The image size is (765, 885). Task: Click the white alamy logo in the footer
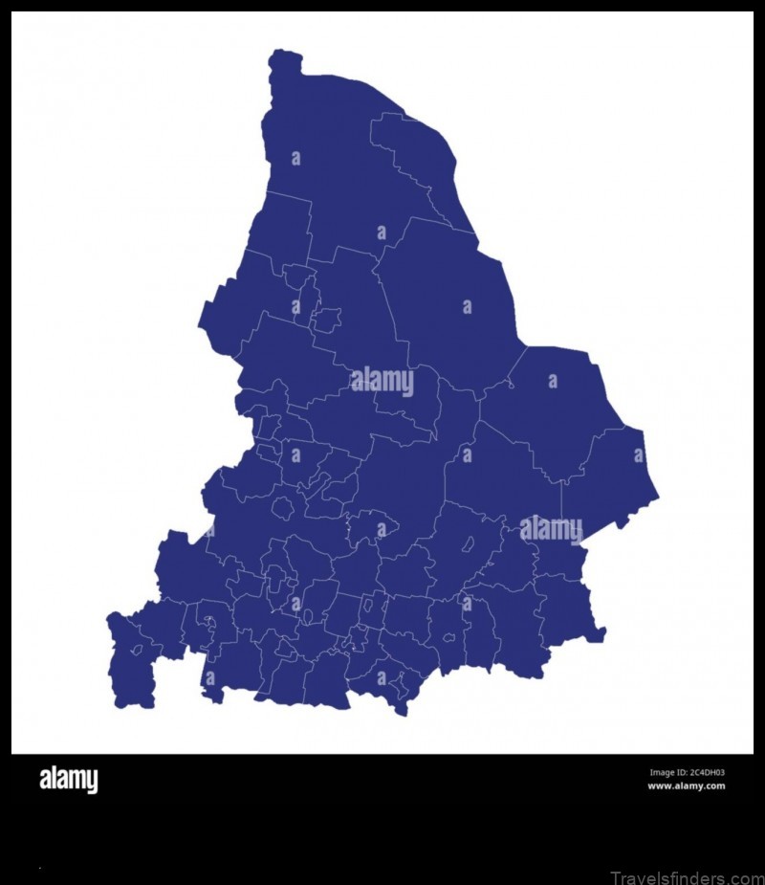point(68,781)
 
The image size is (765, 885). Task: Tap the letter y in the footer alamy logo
point(92,783)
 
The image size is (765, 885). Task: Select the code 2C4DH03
point(709,773)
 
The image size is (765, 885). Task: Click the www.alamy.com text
point(686,786)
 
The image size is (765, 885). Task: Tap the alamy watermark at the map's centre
point(382,382)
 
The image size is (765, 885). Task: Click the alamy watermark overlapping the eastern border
point(551,529)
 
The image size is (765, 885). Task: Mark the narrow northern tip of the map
point(285,59)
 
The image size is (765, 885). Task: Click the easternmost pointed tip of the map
point(657,498)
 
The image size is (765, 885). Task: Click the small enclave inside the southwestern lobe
point(137,651)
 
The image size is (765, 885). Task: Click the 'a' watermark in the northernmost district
point(295,158)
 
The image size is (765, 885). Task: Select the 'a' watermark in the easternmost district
point(638,455)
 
